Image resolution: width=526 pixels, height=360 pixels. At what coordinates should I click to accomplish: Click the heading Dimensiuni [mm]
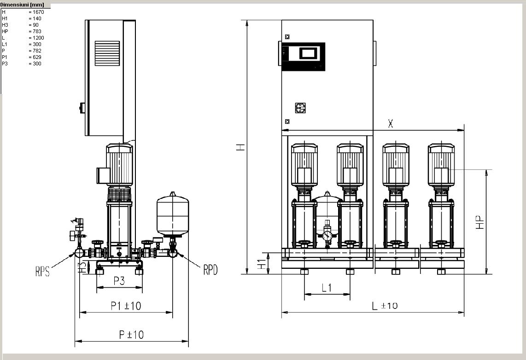coord(22,5)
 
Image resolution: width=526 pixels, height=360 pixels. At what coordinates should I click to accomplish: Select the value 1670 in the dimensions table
coord(38,12)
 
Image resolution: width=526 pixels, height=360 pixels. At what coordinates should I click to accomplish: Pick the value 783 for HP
coord(37,31)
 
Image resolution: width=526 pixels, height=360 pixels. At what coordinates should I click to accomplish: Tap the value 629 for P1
coord(37,58)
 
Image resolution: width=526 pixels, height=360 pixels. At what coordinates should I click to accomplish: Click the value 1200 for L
coord(38,38)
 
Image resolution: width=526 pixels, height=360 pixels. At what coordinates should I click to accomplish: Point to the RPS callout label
coord(42,271)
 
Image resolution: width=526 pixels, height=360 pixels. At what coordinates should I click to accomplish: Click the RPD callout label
coord(210,269)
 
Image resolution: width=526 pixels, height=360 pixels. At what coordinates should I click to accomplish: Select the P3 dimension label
coord(119,280)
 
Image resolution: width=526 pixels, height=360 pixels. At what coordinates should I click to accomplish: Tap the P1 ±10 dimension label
coord(126,306)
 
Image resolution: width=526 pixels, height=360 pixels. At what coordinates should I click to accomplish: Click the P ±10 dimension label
coord(132,335)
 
